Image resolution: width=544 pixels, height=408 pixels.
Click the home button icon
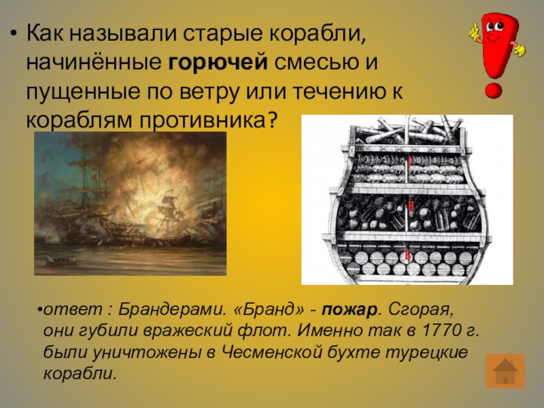(x=505, y=373)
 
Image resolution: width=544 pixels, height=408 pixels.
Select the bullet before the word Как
(x=13, y=33)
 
